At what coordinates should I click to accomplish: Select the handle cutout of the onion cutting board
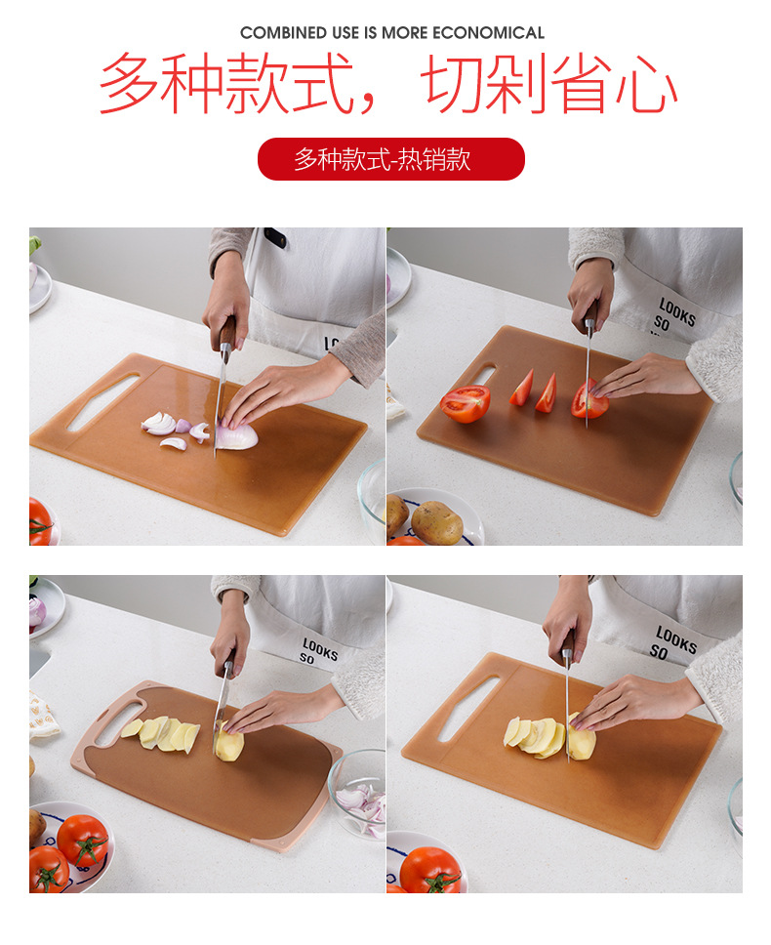click(x=102, y=401)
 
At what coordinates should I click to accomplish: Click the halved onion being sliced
click(x=237, y=434)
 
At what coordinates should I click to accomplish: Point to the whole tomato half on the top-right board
click(x=465, y=403)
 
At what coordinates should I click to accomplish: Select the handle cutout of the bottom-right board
click(x=466, y=708)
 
